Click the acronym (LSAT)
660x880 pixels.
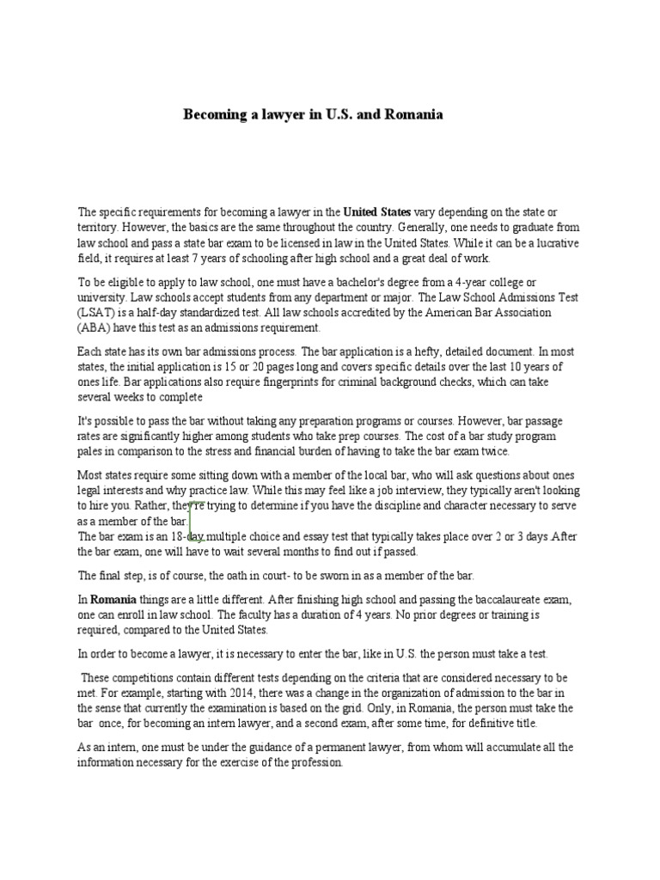96,312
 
